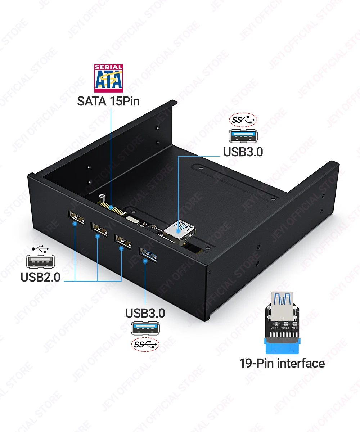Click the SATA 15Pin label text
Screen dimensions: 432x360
coord(108,101)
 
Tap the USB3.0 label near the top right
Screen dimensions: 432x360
coord(243,152)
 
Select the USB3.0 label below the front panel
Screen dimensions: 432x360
coord(145,313)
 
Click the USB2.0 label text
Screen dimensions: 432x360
coord(40,277)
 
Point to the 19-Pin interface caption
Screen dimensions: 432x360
coord(282,363)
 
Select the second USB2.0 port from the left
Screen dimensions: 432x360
coord(99,230)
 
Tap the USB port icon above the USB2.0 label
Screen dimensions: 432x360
coord(40,261)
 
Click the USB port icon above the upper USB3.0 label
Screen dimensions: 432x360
coord(243,136)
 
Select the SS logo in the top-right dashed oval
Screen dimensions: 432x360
coord(243,121)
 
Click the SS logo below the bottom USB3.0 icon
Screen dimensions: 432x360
coord(145,345)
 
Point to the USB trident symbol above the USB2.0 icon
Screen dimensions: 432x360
coord(40,249)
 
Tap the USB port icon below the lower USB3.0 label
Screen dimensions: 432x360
coord(145,329)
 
